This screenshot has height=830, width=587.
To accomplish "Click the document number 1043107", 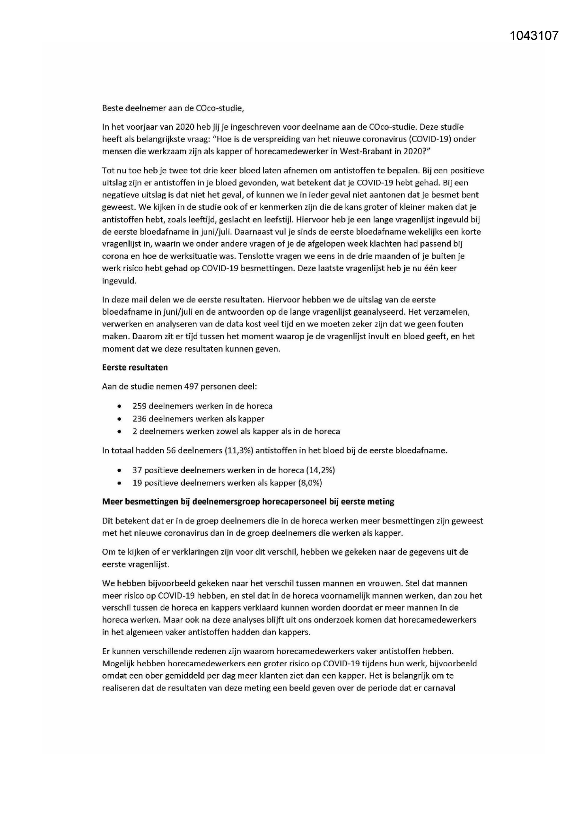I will [x=534, y=35].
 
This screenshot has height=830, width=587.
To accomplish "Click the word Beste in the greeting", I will [x=112, y=108].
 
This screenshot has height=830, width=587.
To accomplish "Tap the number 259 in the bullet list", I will [x=140, y=406].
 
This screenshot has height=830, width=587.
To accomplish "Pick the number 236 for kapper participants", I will [x=140, y=419].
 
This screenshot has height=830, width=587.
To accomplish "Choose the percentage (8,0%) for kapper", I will [x=310, y=483].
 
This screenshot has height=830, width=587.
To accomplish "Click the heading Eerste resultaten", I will [x=135, y=367].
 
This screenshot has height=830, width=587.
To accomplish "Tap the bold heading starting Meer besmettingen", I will [x=248, y=502].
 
